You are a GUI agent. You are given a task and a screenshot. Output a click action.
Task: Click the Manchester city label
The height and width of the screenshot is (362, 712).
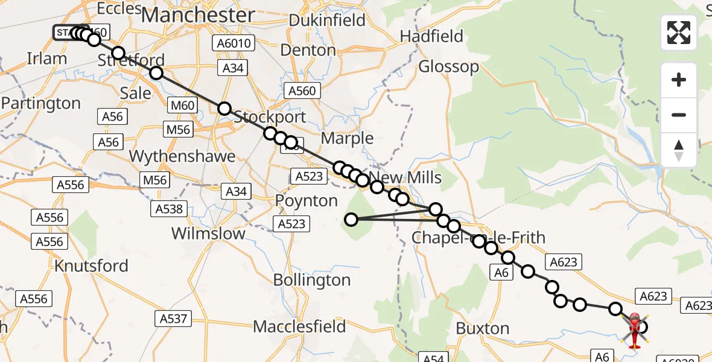(x=198, y=15)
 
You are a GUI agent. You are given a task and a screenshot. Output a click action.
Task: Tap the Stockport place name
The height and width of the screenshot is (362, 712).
(x=270, y=116)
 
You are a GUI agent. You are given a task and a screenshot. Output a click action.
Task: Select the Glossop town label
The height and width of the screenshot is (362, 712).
(x=448, y=66)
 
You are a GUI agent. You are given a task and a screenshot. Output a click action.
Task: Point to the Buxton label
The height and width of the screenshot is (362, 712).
(x=483, y=328)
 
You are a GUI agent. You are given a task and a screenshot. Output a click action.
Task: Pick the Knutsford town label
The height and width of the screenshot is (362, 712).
(x=91, y=265)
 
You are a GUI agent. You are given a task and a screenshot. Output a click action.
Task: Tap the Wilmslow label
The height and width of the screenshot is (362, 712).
(x=208, y=233)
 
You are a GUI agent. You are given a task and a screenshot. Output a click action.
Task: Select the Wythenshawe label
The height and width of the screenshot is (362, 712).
(x=182, y=156)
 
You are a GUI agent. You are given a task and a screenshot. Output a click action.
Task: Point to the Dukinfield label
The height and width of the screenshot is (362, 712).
(x=327, y=20)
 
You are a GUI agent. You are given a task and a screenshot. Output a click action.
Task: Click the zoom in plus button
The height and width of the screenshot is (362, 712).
(x=679, y=80)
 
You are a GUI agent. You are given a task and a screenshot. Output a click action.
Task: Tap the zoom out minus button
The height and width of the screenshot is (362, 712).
(x=679, y=115)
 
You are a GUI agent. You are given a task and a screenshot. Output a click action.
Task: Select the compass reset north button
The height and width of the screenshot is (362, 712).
(x=679, y=150)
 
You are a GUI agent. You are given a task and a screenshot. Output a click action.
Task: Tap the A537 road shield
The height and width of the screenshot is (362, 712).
(x=173, y=318)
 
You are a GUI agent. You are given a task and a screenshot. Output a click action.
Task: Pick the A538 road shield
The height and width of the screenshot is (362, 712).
(x=168, y=209)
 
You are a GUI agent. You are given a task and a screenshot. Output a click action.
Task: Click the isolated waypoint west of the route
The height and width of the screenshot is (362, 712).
(x=351, y=219)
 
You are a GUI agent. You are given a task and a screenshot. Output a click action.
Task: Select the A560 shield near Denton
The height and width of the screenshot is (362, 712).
(x=301, y=91)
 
